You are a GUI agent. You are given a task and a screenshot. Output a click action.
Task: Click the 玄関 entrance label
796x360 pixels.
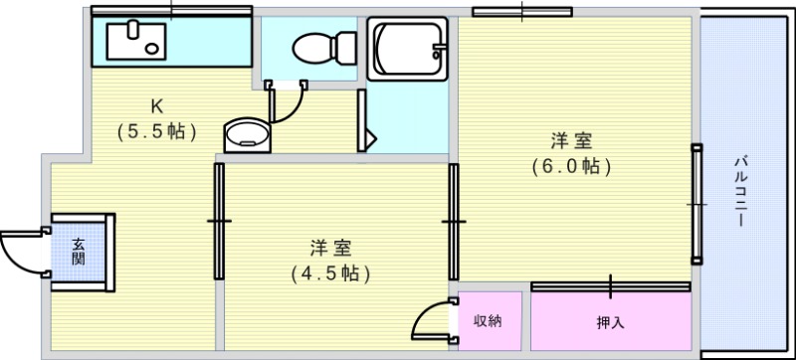coord(78,250)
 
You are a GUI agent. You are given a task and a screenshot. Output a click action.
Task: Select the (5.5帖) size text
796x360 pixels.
coord(156,130)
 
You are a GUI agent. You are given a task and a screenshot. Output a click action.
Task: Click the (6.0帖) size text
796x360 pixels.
coord(570,166)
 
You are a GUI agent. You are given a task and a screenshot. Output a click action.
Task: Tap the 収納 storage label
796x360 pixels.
coord(487,320)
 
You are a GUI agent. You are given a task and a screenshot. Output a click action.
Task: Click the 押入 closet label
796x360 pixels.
coord(609,322)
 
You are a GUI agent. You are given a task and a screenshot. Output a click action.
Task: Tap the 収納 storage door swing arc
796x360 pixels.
coord(430,320)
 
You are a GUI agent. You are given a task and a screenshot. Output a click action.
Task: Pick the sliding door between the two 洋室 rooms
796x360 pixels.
coord(453,221)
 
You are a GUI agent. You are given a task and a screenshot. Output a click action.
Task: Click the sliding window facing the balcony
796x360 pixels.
coord(696,204)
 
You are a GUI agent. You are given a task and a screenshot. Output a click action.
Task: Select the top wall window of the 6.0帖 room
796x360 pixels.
coord(522,12)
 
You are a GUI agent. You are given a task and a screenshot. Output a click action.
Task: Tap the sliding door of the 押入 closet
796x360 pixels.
coord(610,286)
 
